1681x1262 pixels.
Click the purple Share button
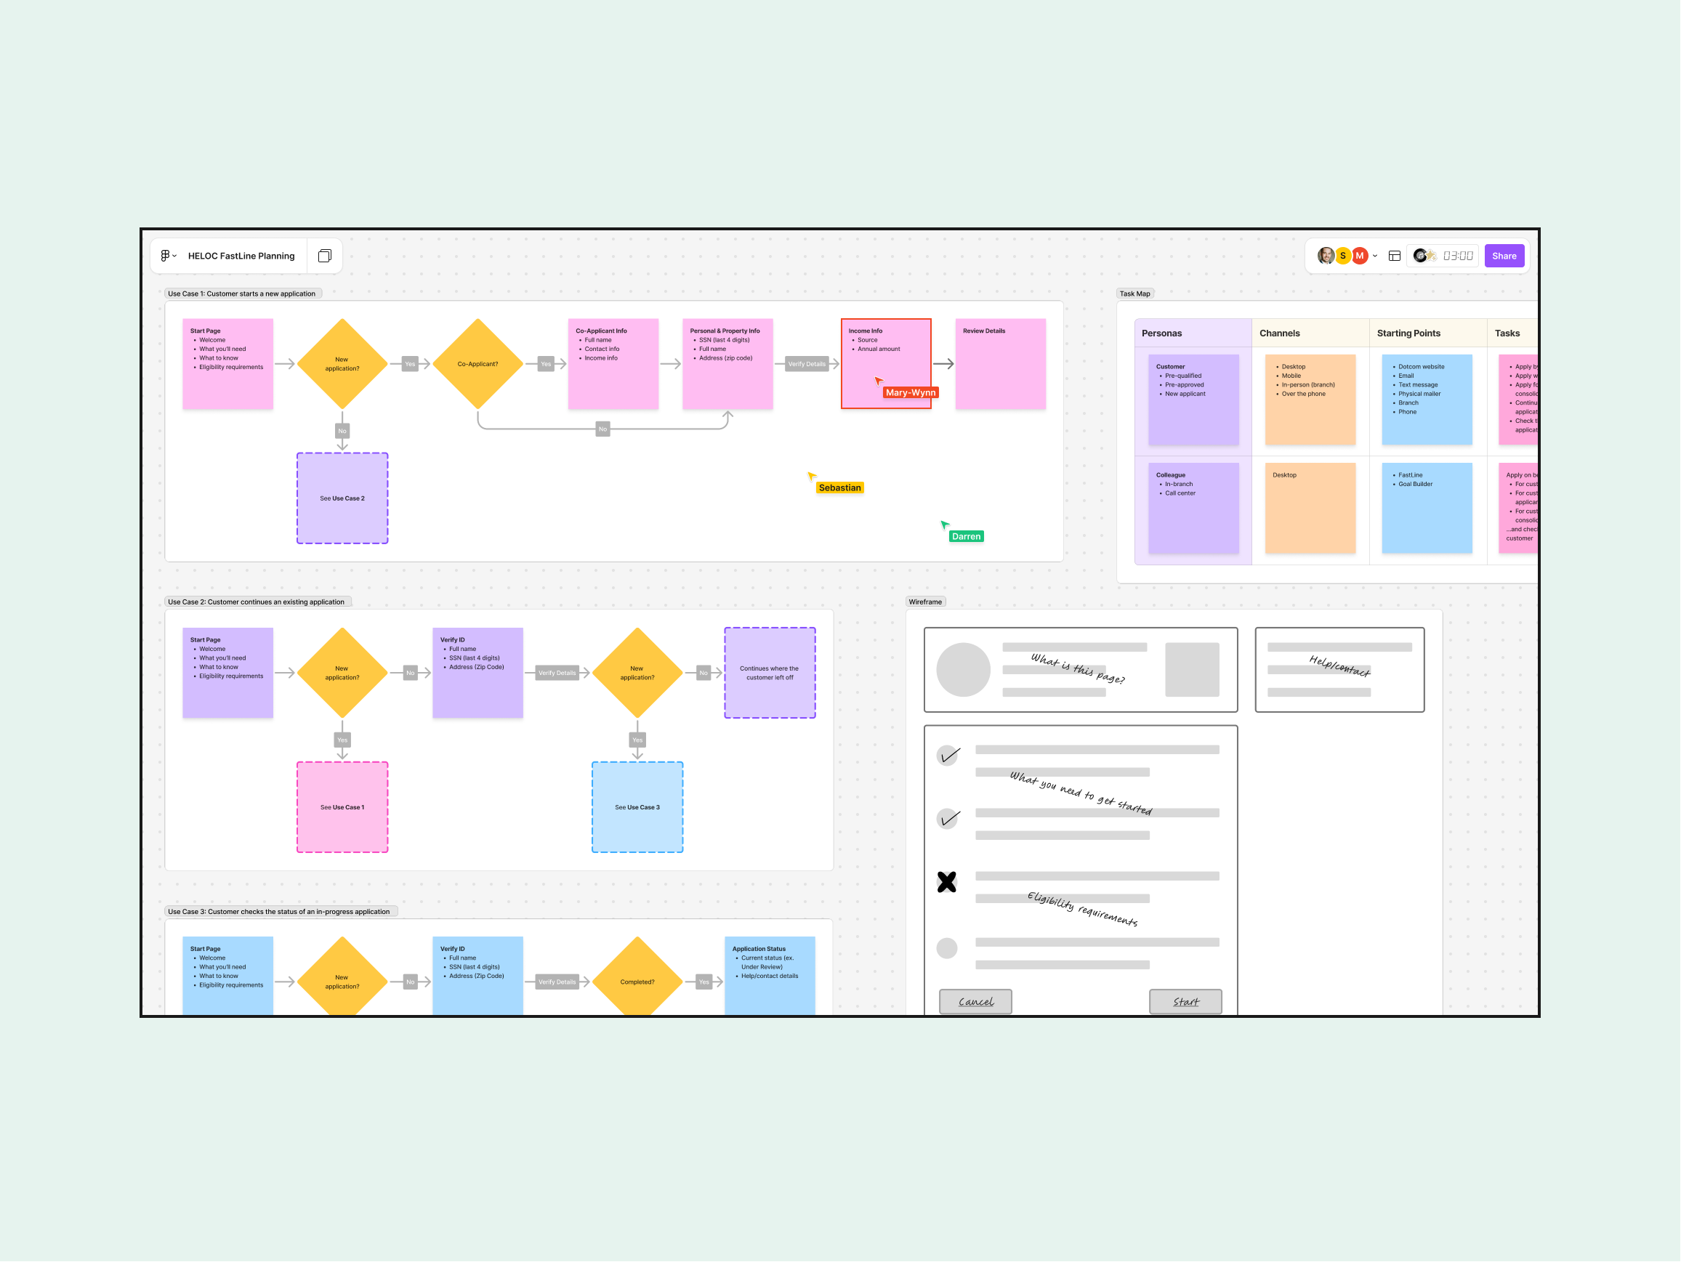(x=1503, y=256)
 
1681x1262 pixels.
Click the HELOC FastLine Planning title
(x=241, y=256)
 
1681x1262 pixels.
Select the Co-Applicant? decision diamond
(x=477, y=364)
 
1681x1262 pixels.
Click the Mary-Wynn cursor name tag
(x=911, y=393)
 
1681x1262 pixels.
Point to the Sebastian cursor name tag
(x=839, y=488)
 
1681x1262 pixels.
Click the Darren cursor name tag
(x=966, y=536)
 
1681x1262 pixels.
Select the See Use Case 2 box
(x=342, y=498)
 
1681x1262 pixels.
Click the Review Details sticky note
(x=1000, y=364)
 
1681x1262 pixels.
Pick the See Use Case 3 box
(x=637, y=807)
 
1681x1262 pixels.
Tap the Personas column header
(x=1161, y=333)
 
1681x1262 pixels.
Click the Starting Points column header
(x=1408, y=333)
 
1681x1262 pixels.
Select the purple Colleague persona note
(x=1193, y=508)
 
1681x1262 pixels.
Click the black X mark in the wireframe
(x=946, y=882)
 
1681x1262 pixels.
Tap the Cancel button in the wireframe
(x=975, y=1001)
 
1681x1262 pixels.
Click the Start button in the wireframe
(x=1185, y=1001)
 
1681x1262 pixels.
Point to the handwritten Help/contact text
(x=1339, y=666)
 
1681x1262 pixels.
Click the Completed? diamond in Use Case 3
(x=637, y=982)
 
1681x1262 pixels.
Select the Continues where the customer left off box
(x=769, y=674)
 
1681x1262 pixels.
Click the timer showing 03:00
(x=1457, y=256)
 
